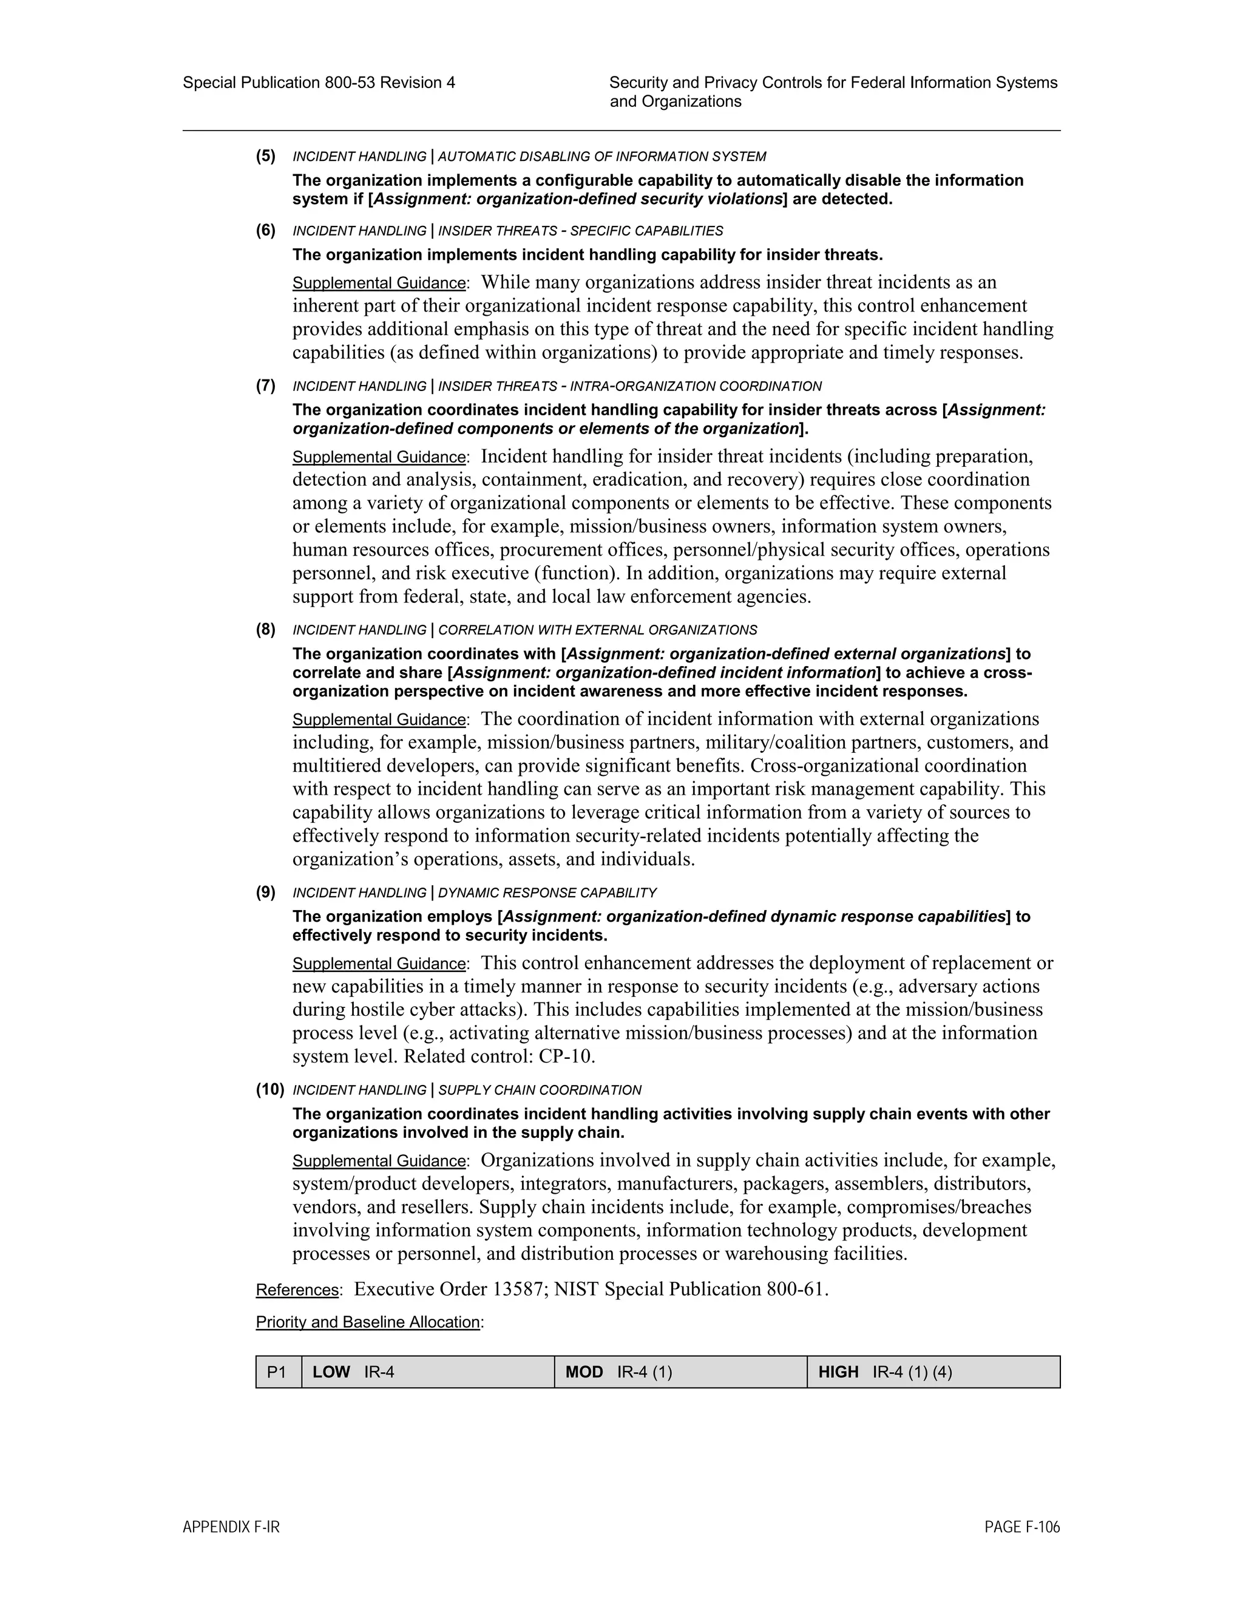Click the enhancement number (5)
click(266, 156)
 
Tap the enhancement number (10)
click(269, 1090)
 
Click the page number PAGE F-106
click(1021, 1527)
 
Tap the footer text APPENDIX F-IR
click(231, 1527)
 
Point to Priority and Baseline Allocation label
click(368, 1322)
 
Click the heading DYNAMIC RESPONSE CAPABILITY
click(547, 893)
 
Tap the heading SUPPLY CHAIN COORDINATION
click(540, 1090)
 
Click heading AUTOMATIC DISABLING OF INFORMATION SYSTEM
click(601, 157)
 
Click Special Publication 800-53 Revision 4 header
click(319, 83)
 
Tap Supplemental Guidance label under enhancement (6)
click(379, 283)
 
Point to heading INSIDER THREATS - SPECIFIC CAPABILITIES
click(580, 231)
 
